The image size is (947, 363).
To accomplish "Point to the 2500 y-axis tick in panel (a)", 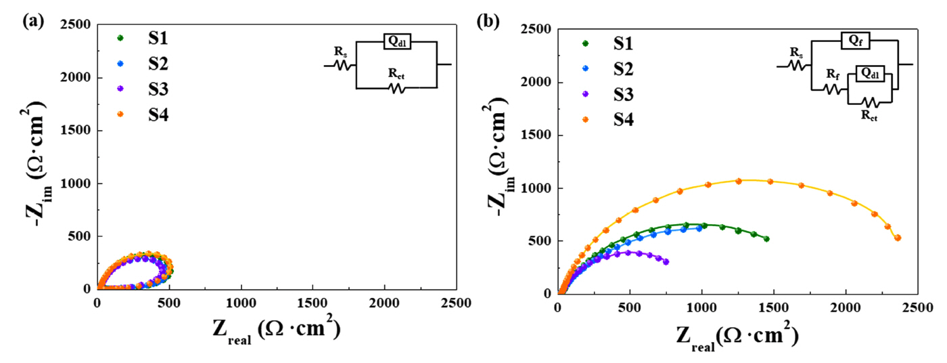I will tap(77, 25).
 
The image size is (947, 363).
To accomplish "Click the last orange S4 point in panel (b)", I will tap(898, 238).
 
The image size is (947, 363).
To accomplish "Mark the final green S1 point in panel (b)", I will tap(766, 238).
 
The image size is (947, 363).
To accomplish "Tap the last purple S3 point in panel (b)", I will tap(666, 261).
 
